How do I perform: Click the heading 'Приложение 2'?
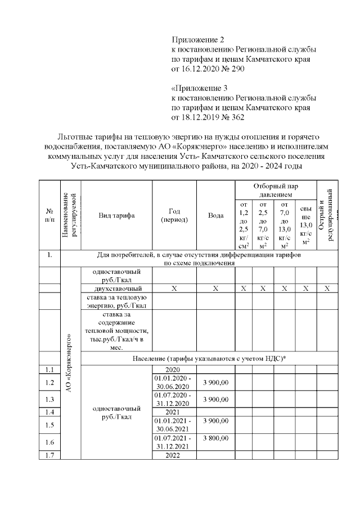[197, 40]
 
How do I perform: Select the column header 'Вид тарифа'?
[116, 216]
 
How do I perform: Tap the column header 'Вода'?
[215, 216]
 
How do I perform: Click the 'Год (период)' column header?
[174, 216]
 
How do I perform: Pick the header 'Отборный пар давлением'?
[276, 190]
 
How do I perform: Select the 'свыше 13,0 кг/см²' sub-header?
[306, 225]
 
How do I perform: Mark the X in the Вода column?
[215, 288]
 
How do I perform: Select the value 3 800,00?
[215, 438]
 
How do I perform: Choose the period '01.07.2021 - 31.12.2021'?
[174, 442]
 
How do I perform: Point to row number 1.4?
[49, 411]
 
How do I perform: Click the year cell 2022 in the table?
[174, 455]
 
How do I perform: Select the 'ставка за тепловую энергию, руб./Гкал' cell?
[117, 301]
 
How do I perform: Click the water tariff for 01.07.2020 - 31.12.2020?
[215, 398]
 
